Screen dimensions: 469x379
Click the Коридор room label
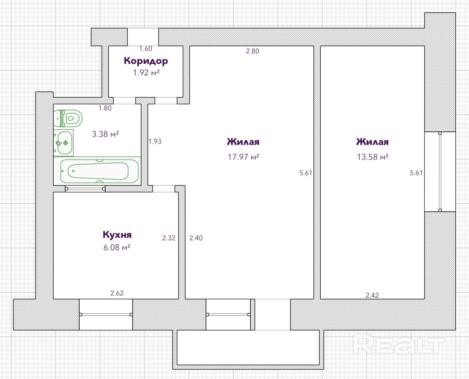pos(146,61)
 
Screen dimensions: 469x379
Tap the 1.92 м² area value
pos(146,73)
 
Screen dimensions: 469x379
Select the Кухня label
pos(117,235)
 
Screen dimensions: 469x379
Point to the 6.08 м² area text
pos(117,247)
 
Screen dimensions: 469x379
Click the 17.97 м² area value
pos(243,157)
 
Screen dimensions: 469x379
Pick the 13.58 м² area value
pos(373,157)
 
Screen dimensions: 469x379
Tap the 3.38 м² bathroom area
pos(106,134)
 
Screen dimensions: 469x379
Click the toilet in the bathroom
pos(68,118)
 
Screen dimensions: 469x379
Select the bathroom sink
pos(64,143)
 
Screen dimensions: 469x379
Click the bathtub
pos(100,171)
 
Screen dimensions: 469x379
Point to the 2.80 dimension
pos(253,51)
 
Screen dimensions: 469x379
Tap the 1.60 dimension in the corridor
pos(146,48)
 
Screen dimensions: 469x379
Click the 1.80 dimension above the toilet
pos(105,108)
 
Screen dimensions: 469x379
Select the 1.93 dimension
pos(155,141)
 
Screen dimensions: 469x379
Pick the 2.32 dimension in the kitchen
pos(169,238)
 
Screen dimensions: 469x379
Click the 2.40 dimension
pos(196,238)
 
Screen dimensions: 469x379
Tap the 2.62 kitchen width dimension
pos(117,293)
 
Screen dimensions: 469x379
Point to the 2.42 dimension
pos(372,295)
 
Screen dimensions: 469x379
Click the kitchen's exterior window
pos(106,315)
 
